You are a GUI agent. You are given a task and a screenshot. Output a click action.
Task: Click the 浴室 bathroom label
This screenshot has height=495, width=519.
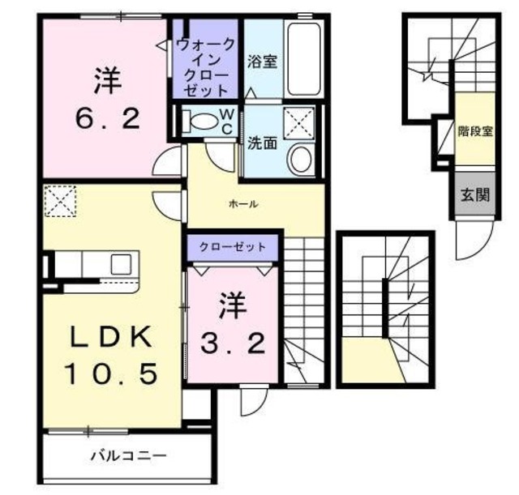(262, 62)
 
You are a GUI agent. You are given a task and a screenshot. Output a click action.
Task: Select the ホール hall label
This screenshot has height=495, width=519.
(243, 204)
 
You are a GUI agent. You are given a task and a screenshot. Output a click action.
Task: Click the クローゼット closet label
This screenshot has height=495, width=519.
(233, 246)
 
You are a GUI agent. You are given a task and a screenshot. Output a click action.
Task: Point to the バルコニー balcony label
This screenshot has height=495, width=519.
(128, 455)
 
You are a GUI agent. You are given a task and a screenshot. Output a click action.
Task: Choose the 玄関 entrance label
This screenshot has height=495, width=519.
(474, 194)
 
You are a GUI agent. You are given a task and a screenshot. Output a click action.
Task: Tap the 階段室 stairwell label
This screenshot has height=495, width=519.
(474, 129)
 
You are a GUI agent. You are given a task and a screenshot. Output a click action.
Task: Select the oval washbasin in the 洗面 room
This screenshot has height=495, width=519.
(302, 159)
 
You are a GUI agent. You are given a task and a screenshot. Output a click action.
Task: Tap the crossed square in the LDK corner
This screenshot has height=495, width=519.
(58, 199)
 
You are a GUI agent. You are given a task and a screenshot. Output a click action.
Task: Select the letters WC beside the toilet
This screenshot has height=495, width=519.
(226, 121)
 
